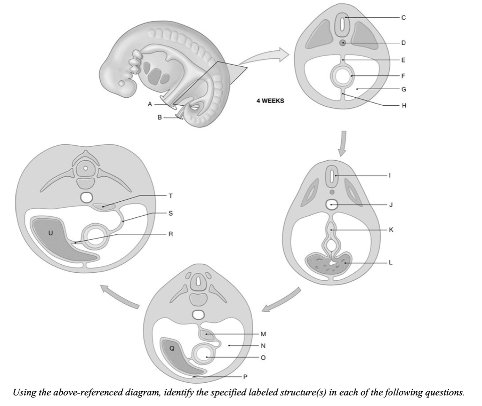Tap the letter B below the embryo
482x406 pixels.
click(159, 118)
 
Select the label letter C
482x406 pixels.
click(403, 17)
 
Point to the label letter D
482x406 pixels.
click(403, 43)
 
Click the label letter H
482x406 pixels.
click(403, 105)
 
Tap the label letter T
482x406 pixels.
click(170, 196)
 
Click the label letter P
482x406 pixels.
click(244, 376)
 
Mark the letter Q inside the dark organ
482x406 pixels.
click(172, 349)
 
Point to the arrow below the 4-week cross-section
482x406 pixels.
click(343, 143)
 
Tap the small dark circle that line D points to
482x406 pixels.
click(343, 43)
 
